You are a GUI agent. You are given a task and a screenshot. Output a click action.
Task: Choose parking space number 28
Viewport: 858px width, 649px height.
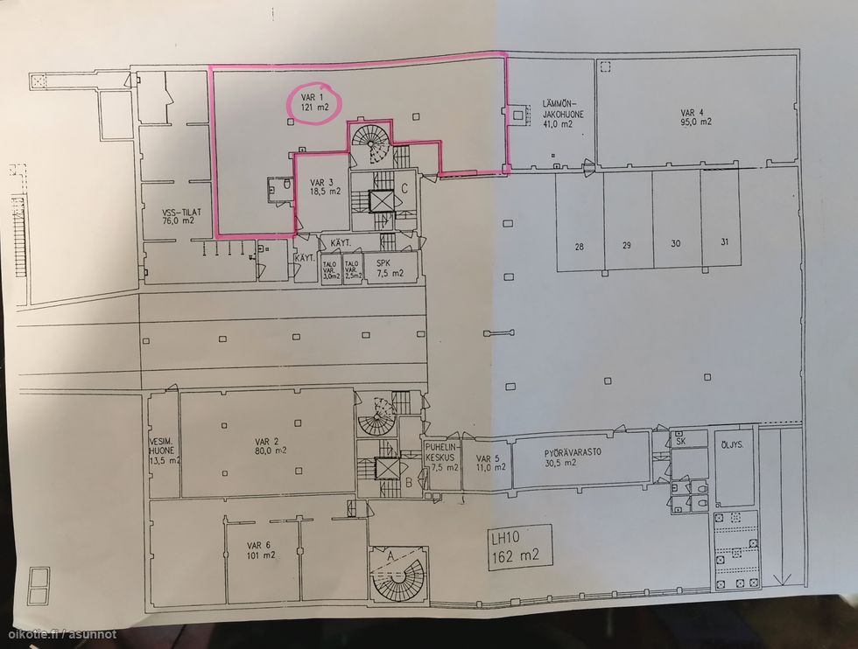click(579, 247)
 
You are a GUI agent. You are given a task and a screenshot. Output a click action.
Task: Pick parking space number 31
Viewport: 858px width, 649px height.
click(724, 241)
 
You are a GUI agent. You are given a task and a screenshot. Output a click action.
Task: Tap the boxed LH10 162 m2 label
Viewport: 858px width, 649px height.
click(521, 548)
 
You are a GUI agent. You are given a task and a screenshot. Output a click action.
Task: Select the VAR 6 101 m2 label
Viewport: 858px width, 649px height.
click(261, 550)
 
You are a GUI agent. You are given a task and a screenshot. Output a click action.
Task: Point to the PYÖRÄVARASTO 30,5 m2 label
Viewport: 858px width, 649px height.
click(566, 457)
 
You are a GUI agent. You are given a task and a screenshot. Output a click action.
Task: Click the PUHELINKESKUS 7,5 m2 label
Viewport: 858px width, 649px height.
click(442, 457)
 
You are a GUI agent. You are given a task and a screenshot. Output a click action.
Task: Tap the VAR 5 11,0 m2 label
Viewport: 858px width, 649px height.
click(490, 463)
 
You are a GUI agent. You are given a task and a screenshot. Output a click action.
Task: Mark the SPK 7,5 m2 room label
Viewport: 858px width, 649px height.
click(389, 268)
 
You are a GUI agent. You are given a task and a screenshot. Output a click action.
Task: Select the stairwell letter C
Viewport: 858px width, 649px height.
click(404, 189)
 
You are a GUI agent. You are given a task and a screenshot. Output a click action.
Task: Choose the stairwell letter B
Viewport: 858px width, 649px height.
click(408, 482)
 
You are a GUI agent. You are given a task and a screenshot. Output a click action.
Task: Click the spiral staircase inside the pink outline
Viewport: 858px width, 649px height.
click(371, 143)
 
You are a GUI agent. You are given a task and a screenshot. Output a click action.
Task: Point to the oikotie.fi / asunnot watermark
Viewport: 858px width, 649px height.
click(60, 634)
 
